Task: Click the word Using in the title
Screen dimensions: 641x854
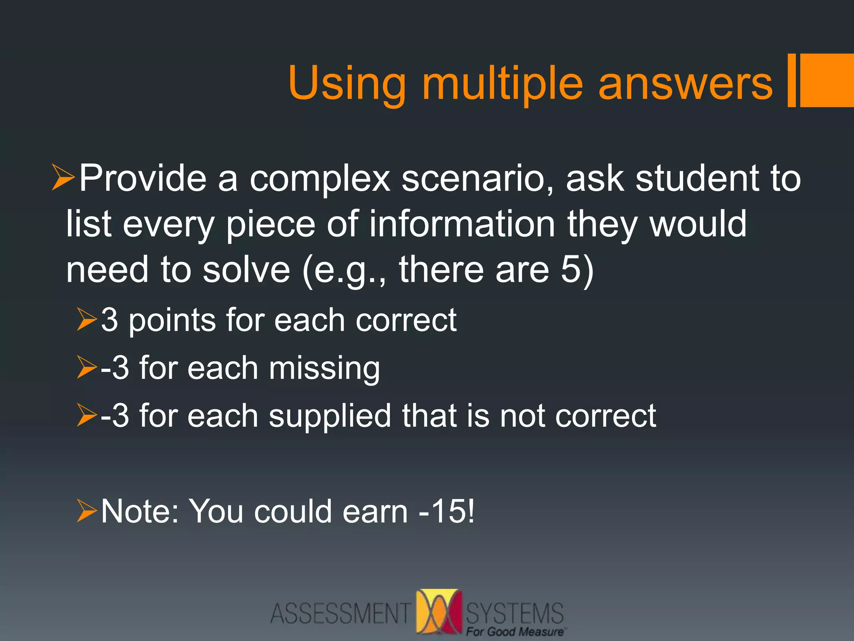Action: [x=346, y=85]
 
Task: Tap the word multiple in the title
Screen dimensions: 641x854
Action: [x=502, y=85]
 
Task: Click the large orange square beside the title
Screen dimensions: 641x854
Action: [x=827, y=80]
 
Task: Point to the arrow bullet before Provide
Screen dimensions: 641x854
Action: [x=63, y=177]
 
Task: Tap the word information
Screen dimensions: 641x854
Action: [x=462, y=224]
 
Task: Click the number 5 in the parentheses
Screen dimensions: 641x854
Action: [x=571, y=269]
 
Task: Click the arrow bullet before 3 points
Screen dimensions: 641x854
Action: [x=87, y=320]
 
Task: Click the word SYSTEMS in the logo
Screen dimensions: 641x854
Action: [x=515, y=613]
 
